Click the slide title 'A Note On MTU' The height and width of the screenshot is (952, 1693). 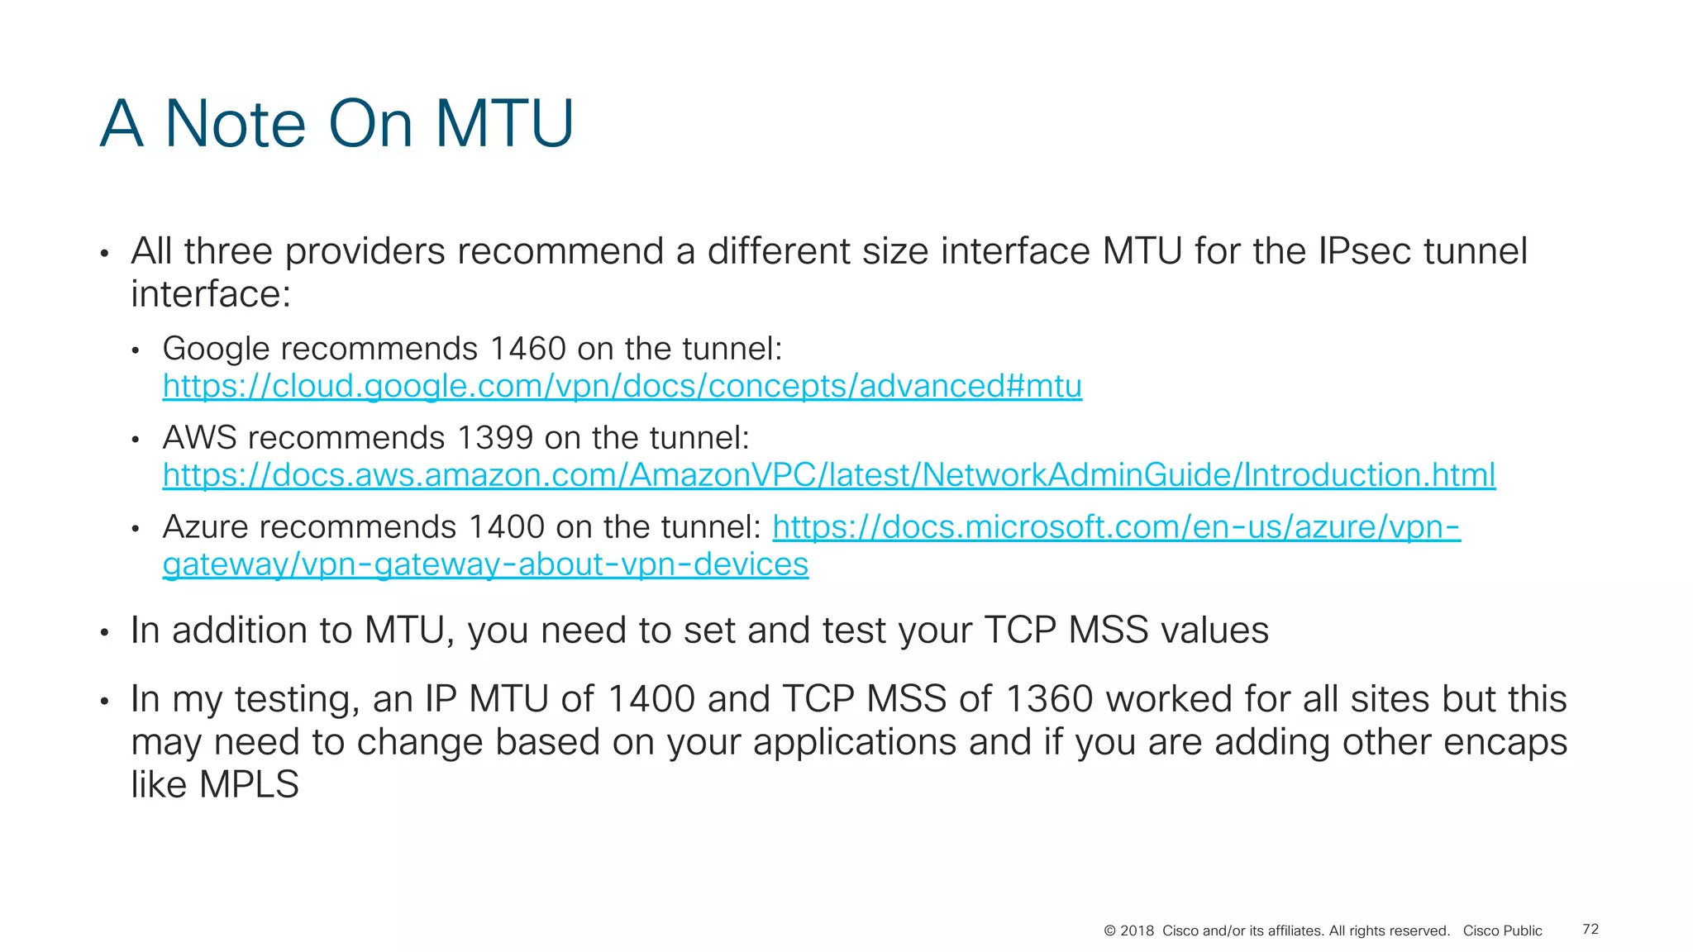[x=336, y=124]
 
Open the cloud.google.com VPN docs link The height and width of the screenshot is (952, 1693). [x=622, y=386]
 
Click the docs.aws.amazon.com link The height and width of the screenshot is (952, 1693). [x=828, y=475]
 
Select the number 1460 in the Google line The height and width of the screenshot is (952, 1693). [x=527, y=349]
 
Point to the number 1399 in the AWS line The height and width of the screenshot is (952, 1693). [x=494, y=438]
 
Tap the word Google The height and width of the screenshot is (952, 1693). [x=216, y=349]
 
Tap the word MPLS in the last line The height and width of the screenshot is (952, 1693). [x=249, y=784]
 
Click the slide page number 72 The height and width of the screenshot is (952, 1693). [x=1590, y=930]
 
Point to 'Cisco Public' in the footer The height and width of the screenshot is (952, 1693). [x=1502, y=931]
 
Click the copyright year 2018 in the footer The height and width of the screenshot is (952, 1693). [x=1137, y=931]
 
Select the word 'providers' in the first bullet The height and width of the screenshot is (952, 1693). [x=365, y=251]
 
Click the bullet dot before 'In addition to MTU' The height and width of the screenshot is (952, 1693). [x=104, y=633]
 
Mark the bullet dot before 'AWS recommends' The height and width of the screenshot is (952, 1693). [x=136, y=440]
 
